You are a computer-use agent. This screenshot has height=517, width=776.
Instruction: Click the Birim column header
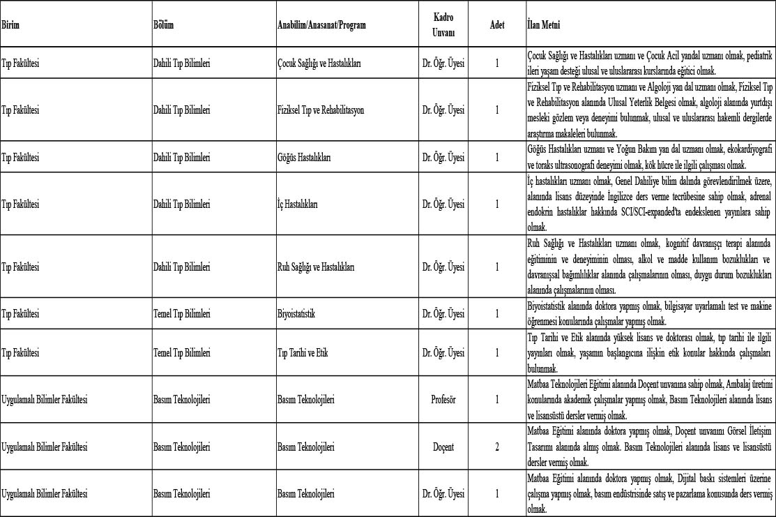pos(10,25)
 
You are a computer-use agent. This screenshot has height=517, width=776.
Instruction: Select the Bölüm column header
pos(163,25)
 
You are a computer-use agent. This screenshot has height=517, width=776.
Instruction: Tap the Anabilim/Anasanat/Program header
pos(321,25)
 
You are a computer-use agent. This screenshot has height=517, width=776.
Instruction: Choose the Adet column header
pos(497,25)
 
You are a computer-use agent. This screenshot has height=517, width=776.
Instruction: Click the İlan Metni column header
pos(543,25)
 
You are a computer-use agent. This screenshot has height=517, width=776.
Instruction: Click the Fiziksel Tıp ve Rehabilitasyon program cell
pos(321,110)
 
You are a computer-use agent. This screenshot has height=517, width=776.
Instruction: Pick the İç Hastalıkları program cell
pos(298,204)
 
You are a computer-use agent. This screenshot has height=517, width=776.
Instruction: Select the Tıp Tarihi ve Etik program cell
pos(303,353)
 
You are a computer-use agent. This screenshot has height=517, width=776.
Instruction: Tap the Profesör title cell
pos(443,400)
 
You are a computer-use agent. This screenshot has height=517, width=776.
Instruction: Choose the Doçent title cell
pos(443,447)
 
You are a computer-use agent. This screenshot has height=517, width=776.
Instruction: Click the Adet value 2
pos(497,447)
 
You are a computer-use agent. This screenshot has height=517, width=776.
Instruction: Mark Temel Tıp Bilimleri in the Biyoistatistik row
pos(181,314)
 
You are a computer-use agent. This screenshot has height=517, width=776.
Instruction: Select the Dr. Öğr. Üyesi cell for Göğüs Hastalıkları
pos(443,157)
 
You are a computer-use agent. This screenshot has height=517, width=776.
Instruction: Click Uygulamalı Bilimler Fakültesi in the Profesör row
pos(45,400)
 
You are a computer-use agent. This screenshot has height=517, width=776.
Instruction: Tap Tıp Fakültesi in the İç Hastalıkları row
pos(21,204)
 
